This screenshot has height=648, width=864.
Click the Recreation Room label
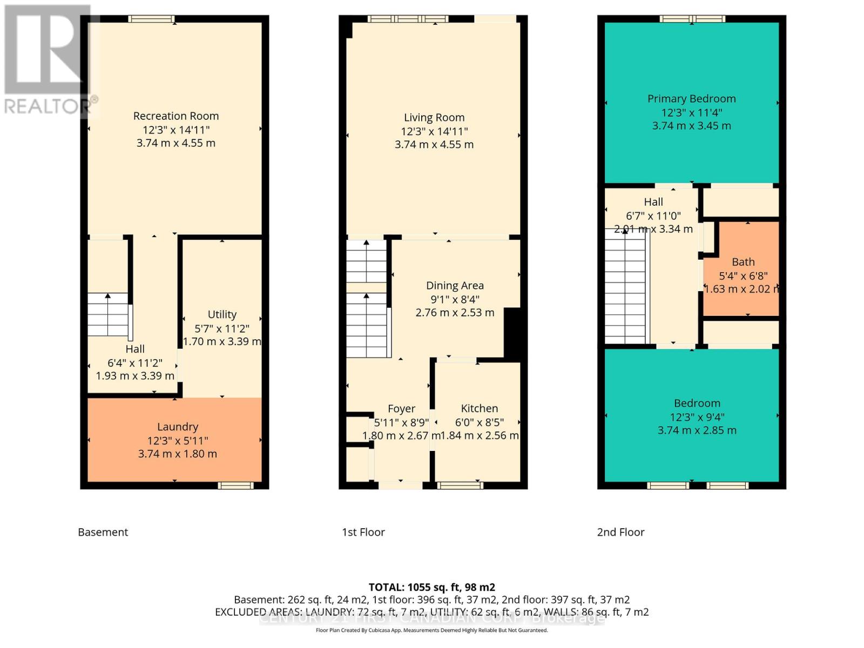176,116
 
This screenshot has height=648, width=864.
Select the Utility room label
222,314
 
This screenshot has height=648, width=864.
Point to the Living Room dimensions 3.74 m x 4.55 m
434,145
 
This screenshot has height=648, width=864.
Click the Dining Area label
455,286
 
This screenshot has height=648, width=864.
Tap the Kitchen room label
479,409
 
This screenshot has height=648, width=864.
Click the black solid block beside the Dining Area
512,332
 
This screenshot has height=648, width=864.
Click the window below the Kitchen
460,485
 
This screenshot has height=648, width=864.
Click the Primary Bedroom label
691,99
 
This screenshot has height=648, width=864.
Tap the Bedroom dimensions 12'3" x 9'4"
697,417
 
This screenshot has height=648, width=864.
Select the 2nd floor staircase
625,286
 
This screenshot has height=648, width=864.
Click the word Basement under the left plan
103,532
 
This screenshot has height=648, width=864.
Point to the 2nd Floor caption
620,532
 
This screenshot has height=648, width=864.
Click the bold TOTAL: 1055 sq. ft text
431,587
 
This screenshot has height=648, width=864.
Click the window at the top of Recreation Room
151,19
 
